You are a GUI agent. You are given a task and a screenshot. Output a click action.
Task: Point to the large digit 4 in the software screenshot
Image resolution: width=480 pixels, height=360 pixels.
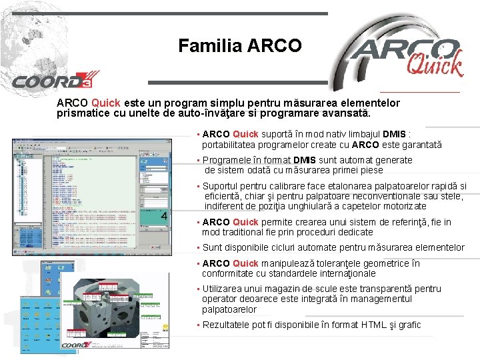[x=164, y=216]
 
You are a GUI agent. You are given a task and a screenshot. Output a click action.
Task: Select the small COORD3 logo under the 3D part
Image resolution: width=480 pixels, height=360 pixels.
[x=76, y=345]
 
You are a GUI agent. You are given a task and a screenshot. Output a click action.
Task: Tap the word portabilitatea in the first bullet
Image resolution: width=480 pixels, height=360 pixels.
[x=231, y=145]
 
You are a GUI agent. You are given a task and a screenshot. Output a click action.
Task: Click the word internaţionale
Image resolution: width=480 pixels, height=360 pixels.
[x=342, y=273]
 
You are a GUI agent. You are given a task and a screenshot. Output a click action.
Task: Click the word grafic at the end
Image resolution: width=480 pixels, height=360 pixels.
[x=407, y=325]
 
